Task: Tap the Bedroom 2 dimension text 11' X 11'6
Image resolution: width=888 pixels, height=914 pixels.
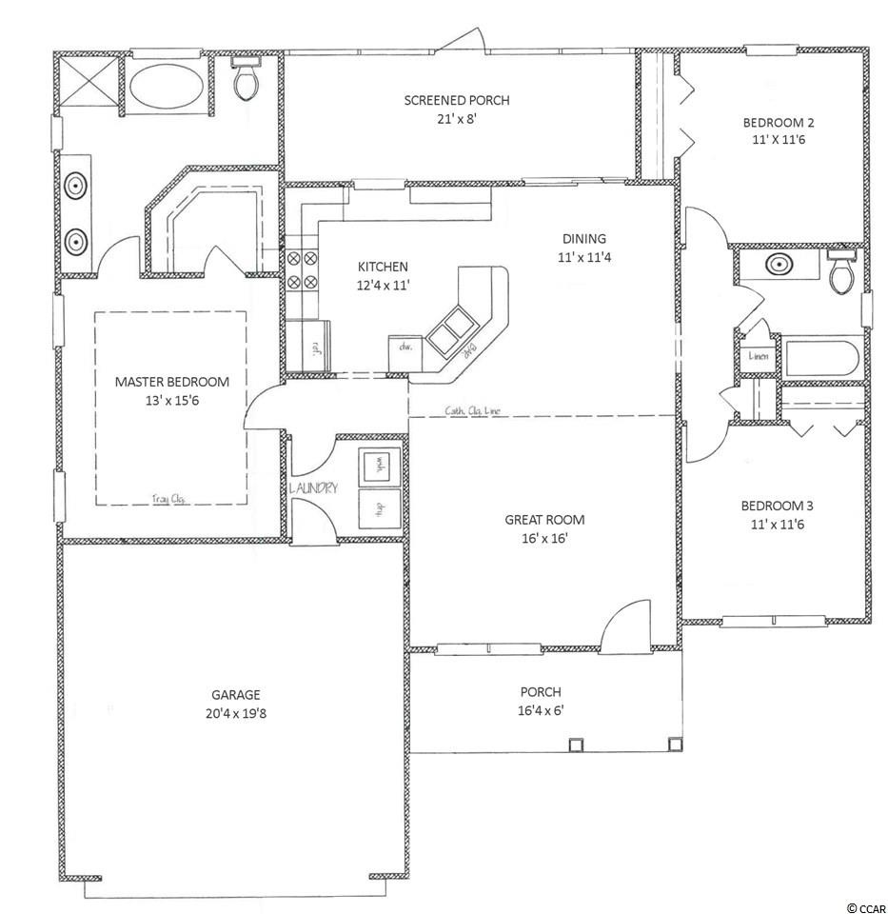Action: [779, 140]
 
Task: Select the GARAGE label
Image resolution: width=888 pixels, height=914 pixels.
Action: [237, 695]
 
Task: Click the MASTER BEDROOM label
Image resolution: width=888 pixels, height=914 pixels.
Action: [171, 382]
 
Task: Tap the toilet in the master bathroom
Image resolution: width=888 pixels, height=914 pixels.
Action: [247, 81]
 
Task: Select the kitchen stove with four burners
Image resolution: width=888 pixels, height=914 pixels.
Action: [302, 269]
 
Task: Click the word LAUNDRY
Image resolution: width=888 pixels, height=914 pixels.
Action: [313, 488]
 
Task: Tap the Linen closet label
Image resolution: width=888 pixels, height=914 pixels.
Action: [759, 356]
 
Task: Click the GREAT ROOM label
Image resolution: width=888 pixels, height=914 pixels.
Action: [544, 520]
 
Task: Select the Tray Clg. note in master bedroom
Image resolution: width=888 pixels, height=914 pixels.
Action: [168, 497]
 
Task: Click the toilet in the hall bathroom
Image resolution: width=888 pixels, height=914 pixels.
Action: [840, 273]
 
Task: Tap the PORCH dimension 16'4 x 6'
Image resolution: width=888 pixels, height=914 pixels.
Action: [540, 709]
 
